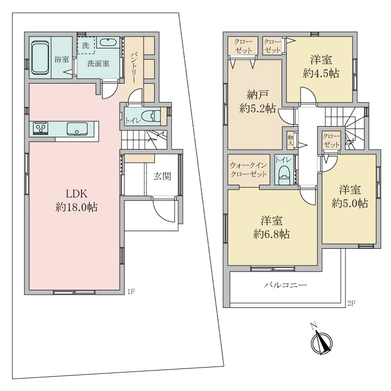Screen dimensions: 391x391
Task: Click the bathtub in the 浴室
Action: coord(40,58)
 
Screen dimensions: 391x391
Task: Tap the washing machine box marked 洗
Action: coord(86,45)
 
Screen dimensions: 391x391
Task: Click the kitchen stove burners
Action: coord(40,129)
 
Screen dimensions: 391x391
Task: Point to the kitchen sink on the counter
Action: coord(77,129)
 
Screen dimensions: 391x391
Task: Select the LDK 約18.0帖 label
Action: coord(76,200)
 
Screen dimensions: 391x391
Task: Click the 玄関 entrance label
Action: coord(162,176)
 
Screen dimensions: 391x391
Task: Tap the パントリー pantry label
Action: coord(133,68)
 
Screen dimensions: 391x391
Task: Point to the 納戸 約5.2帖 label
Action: coord(258,102)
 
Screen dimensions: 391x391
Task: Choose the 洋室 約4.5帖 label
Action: coord(321,67)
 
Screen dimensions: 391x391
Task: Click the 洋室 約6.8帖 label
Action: coord(272,228)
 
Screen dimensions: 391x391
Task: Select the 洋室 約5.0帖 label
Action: coord(349,197)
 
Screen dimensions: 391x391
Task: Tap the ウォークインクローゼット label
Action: coord(248,170)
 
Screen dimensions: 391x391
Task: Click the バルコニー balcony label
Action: coord(285,285)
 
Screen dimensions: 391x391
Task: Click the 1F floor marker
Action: coord(131,291)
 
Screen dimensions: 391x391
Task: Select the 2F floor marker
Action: coord(351,303)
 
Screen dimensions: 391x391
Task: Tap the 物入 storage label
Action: coord(290,140)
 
